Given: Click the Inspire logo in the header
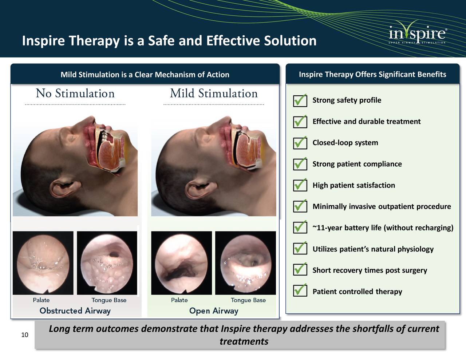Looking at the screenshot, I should [x=417, y=34].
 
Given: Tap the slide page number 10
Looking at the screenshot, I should [x=25, y=335].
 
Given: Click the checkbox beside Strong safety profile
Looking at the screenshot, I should [x=300, y=100].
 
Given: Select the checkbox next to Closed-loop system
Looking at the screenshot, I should [x=300, y=143].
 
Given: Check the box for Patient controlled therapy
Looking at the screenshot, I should [x=300, y=290].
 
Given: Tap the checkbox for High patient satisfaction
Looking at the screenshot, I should [x=300, y=185].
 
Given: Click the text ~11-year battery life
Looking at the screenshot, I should [x=383, y=228].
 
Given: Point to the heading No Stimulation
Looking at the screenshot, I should [x=75, y=94].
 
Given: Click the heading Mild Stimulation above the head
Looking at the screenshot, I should [x=214, y=94].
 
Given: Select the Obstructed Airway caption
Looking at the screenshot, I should [x=75, y=311].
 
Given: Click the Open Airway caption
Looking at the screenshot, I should [x=214, y=311].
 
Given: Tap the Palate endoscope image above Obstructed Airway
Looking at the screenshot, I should [x=43, y=262].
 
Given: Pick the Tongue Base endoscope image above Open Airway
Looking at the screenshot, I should [x=245, y=262].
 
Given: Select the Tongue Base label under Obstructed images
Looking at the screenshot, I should [x=109, y=300].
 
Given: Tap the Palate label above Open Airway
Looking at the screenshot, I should [x=179, y=300].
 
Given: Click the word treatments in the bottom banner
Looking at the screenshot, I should [x=244, y=341].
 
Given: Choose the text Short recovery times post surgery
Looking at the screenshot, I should [x=370, y=270].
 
